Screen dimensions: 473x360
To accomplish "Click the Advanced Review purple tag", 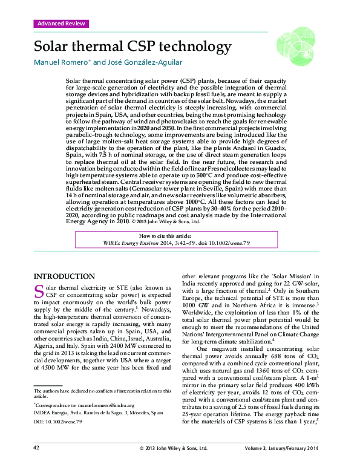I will pyautogui.click(x=61, y=24).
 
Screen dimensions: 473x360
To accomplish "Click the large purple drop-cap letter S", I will pyautogui.click(x=39, y=293).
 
